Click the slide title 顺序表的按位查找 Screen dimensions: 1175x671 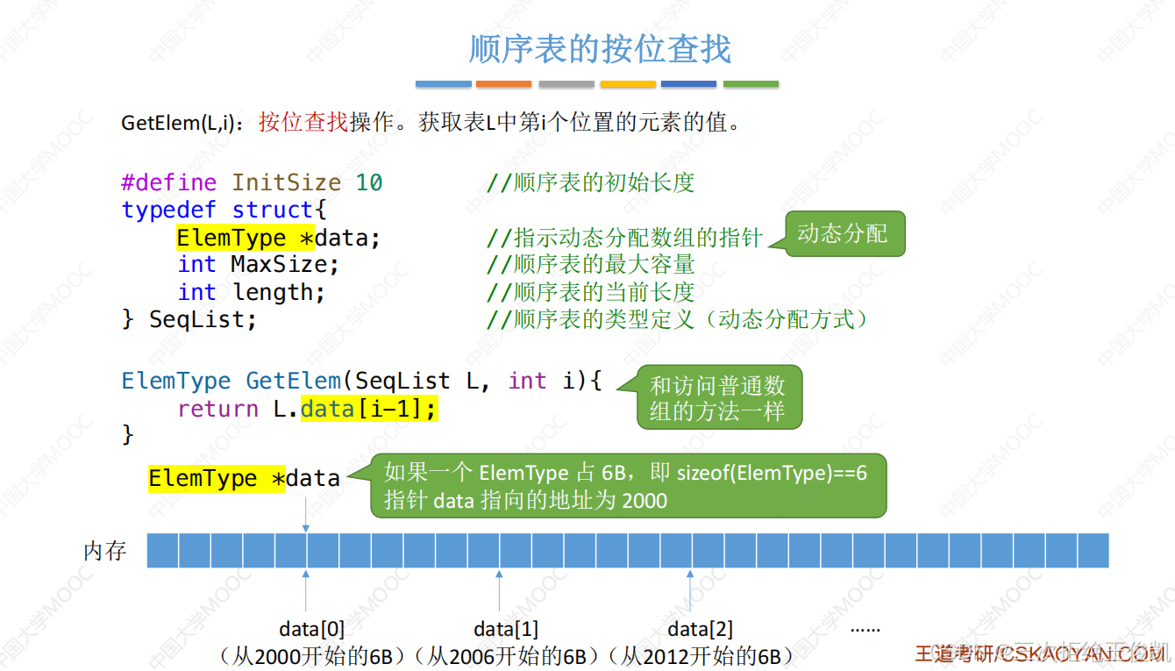(x=600, y=49)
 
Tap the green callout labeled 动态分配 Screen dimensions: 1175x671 (x=843, y=233)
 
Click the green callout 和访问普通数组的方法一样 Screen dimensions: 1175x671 (x=717, y=398)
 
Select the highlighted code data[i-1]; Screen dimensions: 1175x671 (x=368, y=409)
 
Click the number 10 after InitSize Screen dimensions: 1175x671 (x=369, y=182)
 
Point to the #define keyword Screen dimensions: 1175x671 (x=168, y=182)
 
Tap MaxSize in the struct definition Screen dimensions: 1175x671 (x=282, y=264)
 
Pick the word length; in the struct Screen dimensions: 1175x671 (x=279, y=292)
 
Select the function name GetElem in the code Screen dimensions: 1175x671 (x=293, y=381)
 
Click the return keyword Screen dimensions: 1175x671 (x=217, y=409)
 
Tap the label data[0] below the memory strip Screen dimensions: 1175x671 (x=312, y=629)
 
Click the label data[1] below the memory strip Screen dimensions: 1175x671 (x=506, y=629)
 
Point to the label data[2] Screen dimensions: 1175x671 (x=700, y=629)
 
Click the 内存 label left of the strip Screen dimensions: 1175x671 (x=105, y=551)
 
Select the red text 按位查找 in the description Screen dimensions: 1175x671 (x=303, y=123)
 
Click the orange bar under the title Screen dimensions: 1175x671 (x=503, y=84)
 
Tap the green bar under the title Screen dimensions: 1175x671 (x=751, y=84)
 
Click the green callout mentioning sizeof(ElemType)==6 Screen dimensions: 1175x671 (x=626, y=486)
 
